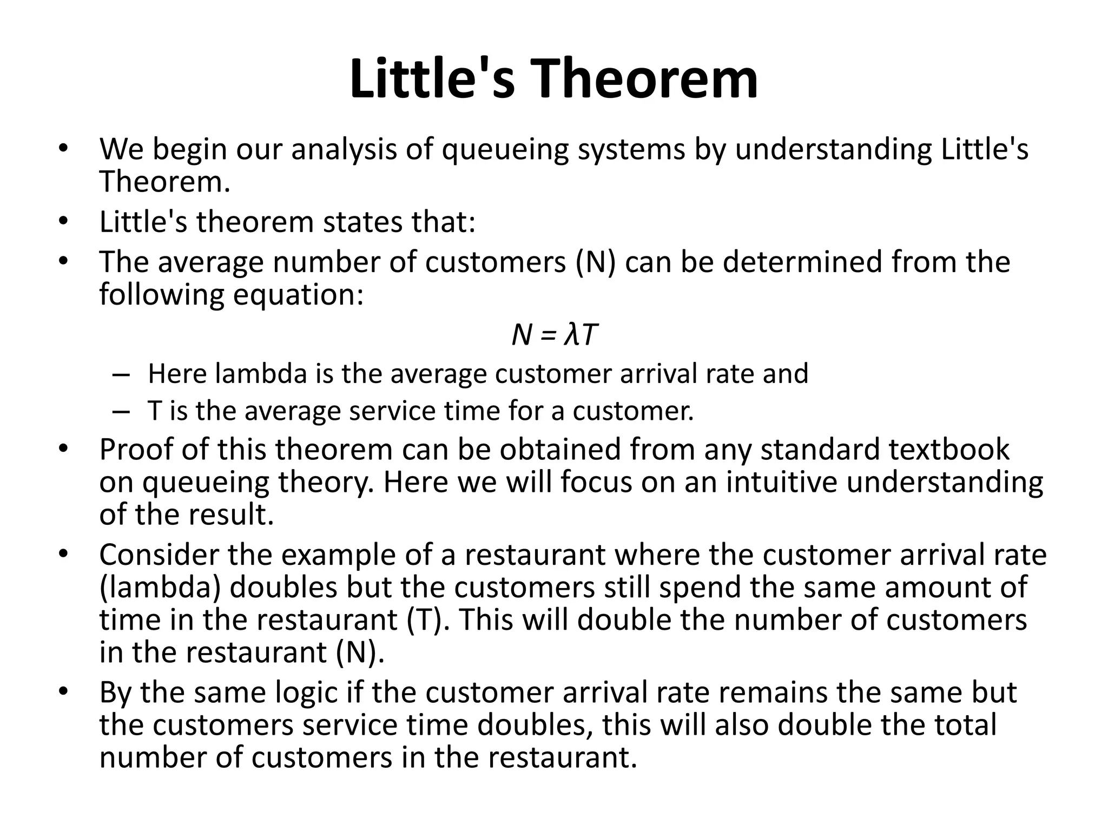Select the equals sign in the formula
click(548, 336)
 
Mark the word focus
click(596, 482)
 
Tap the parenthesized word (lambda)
click(160, 588)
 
